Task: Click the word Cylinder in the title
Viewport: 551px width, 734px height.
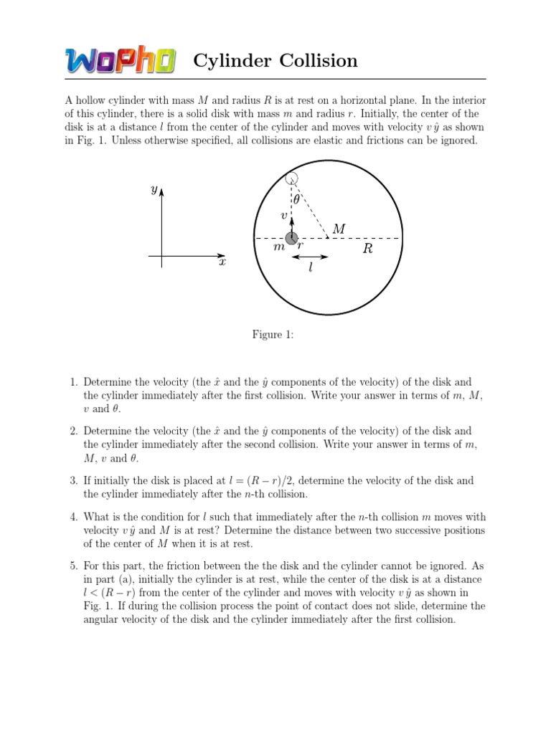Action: pos(228,62)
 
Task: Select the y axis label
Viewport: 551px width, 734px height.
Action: pos(154,189)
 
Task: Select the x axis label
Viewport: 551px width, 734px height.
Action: pos(222,263)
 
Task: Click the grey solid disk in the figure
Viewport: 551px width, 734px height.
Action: pos(291,238)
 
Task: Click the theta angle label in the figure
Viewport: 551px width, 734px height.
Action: pos(296,201)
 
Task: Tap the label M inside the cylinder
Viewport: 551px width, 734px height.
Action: pos(339,229)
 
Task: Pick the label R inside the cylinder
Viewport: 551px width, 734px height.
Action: pos(368,249)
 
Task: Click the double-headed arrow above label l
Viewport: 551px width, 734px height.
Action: pos(310,256)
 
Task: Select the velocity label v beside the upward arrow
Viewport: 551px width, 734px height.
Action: pos(284,215)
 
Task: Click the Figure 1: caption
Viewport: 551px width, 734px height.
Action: pos(273,335)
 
